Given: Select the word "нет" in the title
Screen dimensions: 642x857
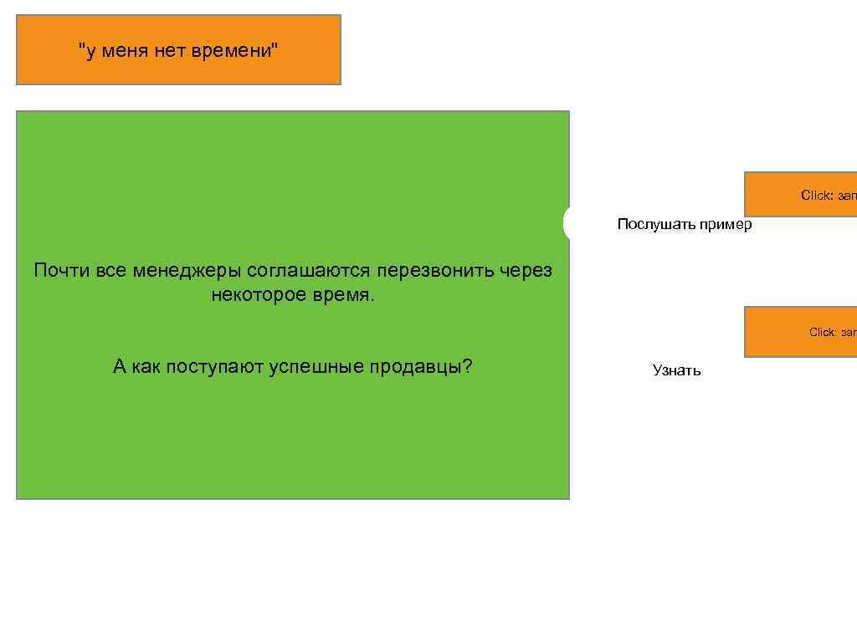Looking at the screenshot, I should (171, 51).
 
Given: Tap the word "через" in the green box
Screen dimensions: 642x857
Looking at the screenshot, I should (526, 271).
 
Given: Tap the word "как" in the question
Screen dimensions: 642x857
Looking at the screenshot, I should (146, 367).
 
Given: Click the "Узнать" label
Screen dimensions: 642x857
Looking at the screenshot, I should (676, 370).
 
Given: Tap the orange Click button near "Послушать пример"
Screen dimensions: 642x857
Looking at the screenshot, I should (801, 194).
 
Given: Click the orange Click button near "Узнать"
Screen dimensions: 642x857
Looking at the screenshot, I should (801, 332).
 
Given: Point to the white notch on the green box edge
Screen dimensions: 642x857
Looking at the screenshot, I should (567, 223).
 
